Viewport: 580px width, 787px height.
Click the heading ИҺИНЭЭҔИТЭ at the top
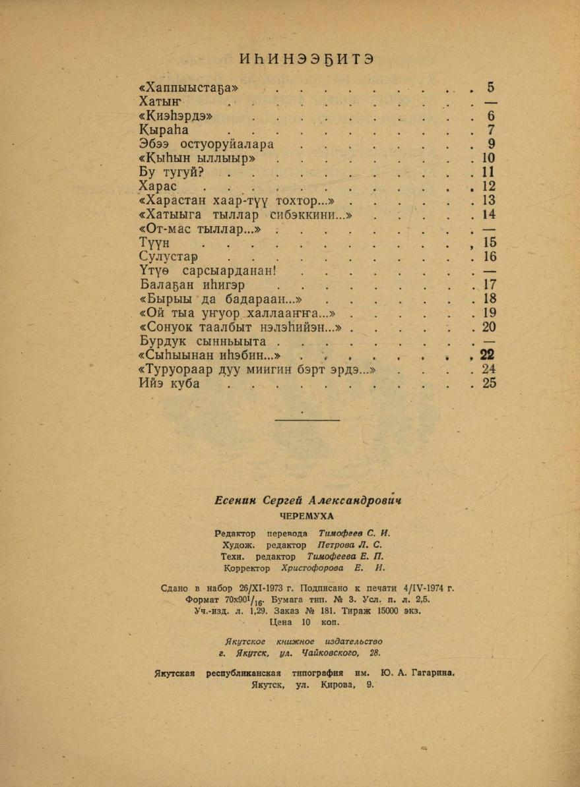click(308, 59)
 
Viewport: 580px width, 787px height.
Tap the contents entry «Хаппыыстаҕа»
click(189, 88)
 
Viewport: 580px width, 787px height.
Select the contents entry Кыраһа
click(164, 130)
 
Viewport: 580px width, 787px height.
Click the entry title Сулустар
click(170, 257)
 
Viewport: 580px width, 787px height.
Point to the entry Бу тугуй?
click(172, 173)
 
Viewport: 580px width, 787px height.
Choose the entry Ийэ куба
click(170, 384)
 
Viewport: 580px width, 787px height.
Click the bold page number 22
click(488, 356)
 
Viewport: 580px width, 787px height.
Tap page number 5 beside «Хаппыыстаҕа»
click(490, 88)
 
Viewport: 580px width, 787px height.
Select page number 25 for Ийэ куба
click(489, 384)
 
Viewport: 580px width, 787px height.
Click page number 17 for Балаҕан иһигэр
click(489, 285)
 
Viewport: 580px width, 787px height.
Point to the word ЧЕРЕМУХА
click(307, 516)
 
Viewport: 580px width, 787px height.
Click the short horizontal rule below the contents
click(307, 420)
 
